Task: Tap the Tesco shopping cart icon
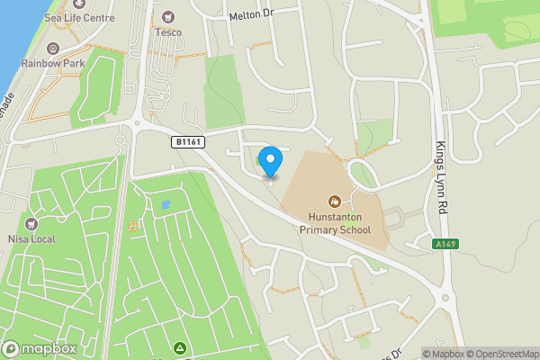click(x=167, y=17)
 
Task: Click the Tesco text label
click(x=167, y=32)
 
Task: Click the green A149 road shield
click(x=442, y=244)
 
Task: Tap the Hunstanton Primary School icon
click(x=335, y=202)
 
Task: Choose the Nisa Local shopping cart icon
click(x=33, y=223)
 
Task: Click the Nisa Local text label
click(x=33, y=238)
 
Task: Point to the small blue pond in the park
click(x=165, y=205)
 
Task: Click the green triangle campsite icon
click(x=179, y=347)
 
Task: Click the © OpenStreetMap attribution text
click(x=501, y=354)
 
